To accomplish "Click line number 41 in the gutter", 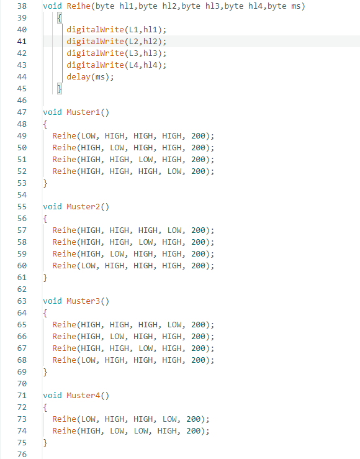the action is click(22, 42).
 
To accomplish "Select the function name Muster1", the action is click(83, 112).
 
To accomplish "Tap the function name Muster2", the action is click(83, 207).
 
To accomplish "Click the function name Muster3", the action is click(83, 301).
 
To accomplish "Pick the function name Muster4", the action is click(83, 396).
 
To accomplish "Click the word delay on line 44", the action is click(79, 77).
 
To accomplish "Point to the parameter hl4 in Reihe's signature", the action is click(255, 6).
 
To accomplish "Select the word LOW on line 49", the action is click(88, 136).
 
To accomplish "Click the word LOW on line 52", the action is click(174, 171).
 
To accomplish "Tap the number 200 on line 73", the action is click(194, 419).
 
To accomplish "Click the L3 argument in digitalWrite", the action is click(133, 53).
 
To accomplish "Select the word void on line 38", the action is click(52, 6).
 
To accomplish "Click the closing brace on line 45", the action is click(60, 89).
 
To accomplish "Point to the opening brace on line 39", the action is click(60, 18).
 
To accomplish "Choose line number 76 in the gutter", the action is click(22, 455).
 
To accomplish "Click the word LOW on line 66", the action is click(117, 337).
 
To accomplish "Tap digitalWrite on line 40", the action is click(96, 30).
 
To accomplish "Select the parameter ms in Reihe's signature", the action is click(296, 6).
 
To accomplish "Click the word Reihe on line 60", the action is click(65, 266).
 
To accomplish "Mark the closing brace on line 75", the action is click(45, 443).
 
